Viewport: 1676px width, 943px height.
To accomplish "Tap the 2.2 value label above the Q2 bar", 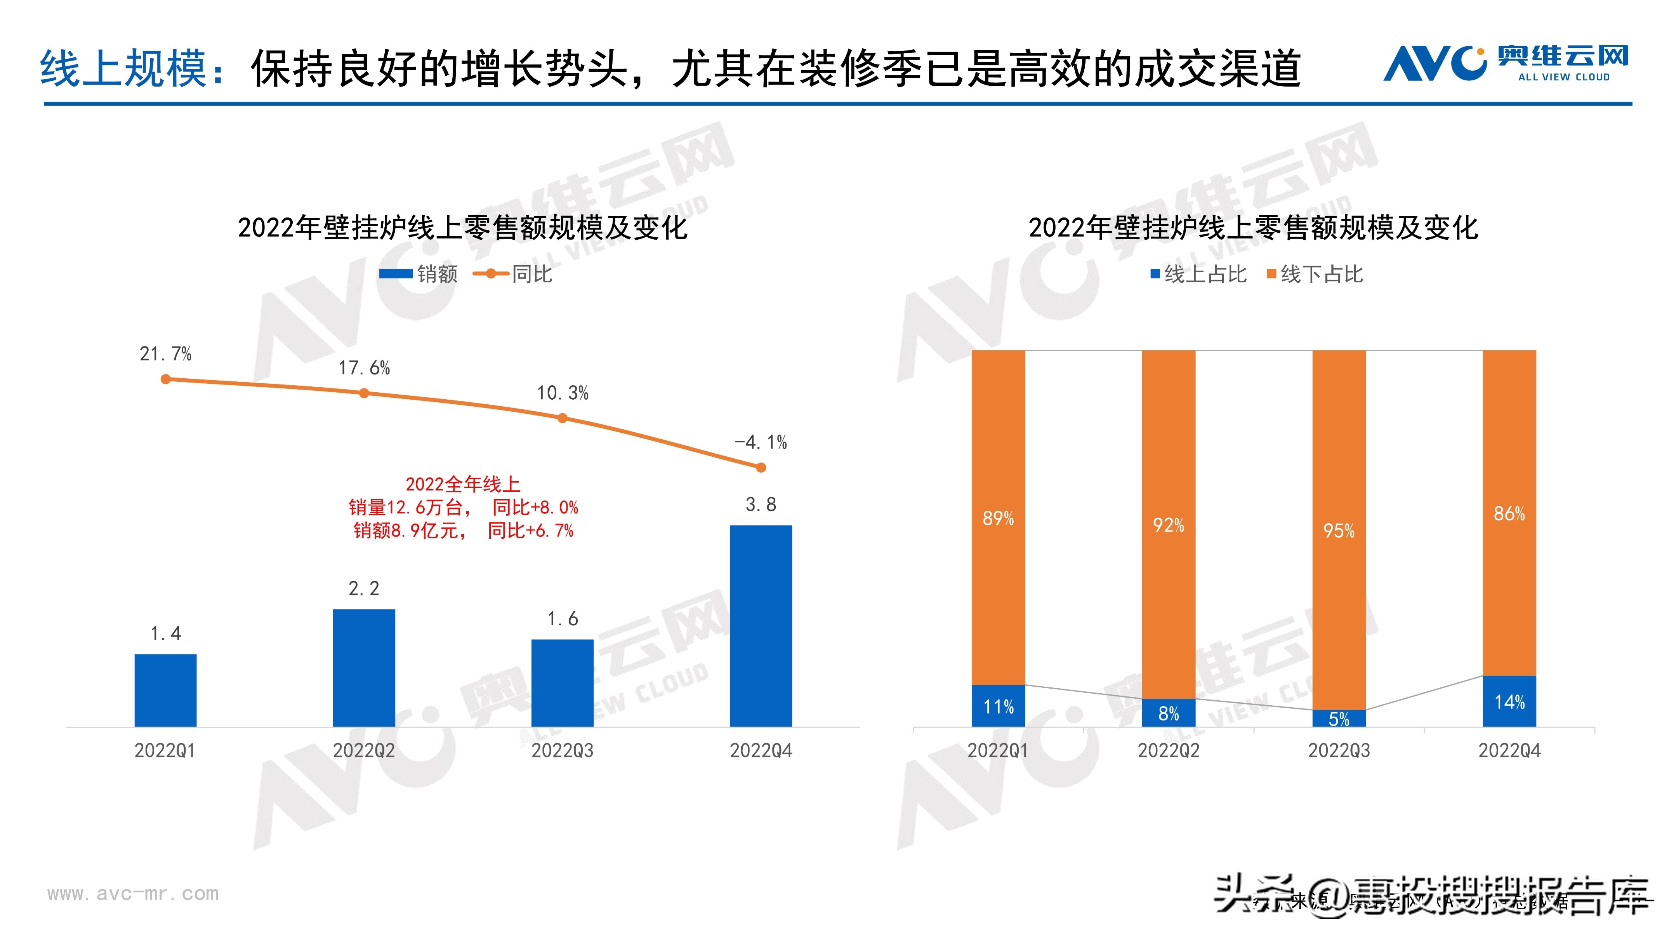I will point(364,588).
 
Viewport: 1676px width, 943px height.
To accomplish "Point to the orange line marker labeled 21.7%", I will point(166,379).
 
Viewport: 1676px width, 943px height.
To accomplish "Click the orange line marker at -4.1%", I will point(761,467).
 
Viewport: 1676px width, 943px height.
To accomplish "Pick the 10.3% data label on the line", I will point(562,393).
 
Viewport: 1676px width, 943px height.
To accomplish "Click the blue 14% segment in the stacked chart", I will point(1509,701).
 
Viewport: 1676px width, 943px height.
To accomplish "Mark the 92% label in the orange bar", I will point(1169,525).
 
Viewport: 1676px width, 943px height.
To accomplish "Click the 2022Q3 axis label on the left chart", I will point(562,750).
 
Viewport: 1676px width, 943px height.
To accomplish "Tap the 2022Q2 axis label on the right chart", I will point(1169,750).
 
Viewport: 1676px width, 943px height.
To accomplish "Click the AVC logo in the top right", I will point(1505,63).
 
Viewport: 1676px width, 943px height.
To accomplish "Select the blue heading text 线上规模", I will point(123,68).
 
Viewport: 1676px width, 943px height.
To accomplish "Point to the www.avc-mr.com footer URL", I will point(133,894).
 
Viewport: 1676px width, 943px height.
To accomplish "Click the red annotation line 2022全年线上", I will point(463,484).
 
